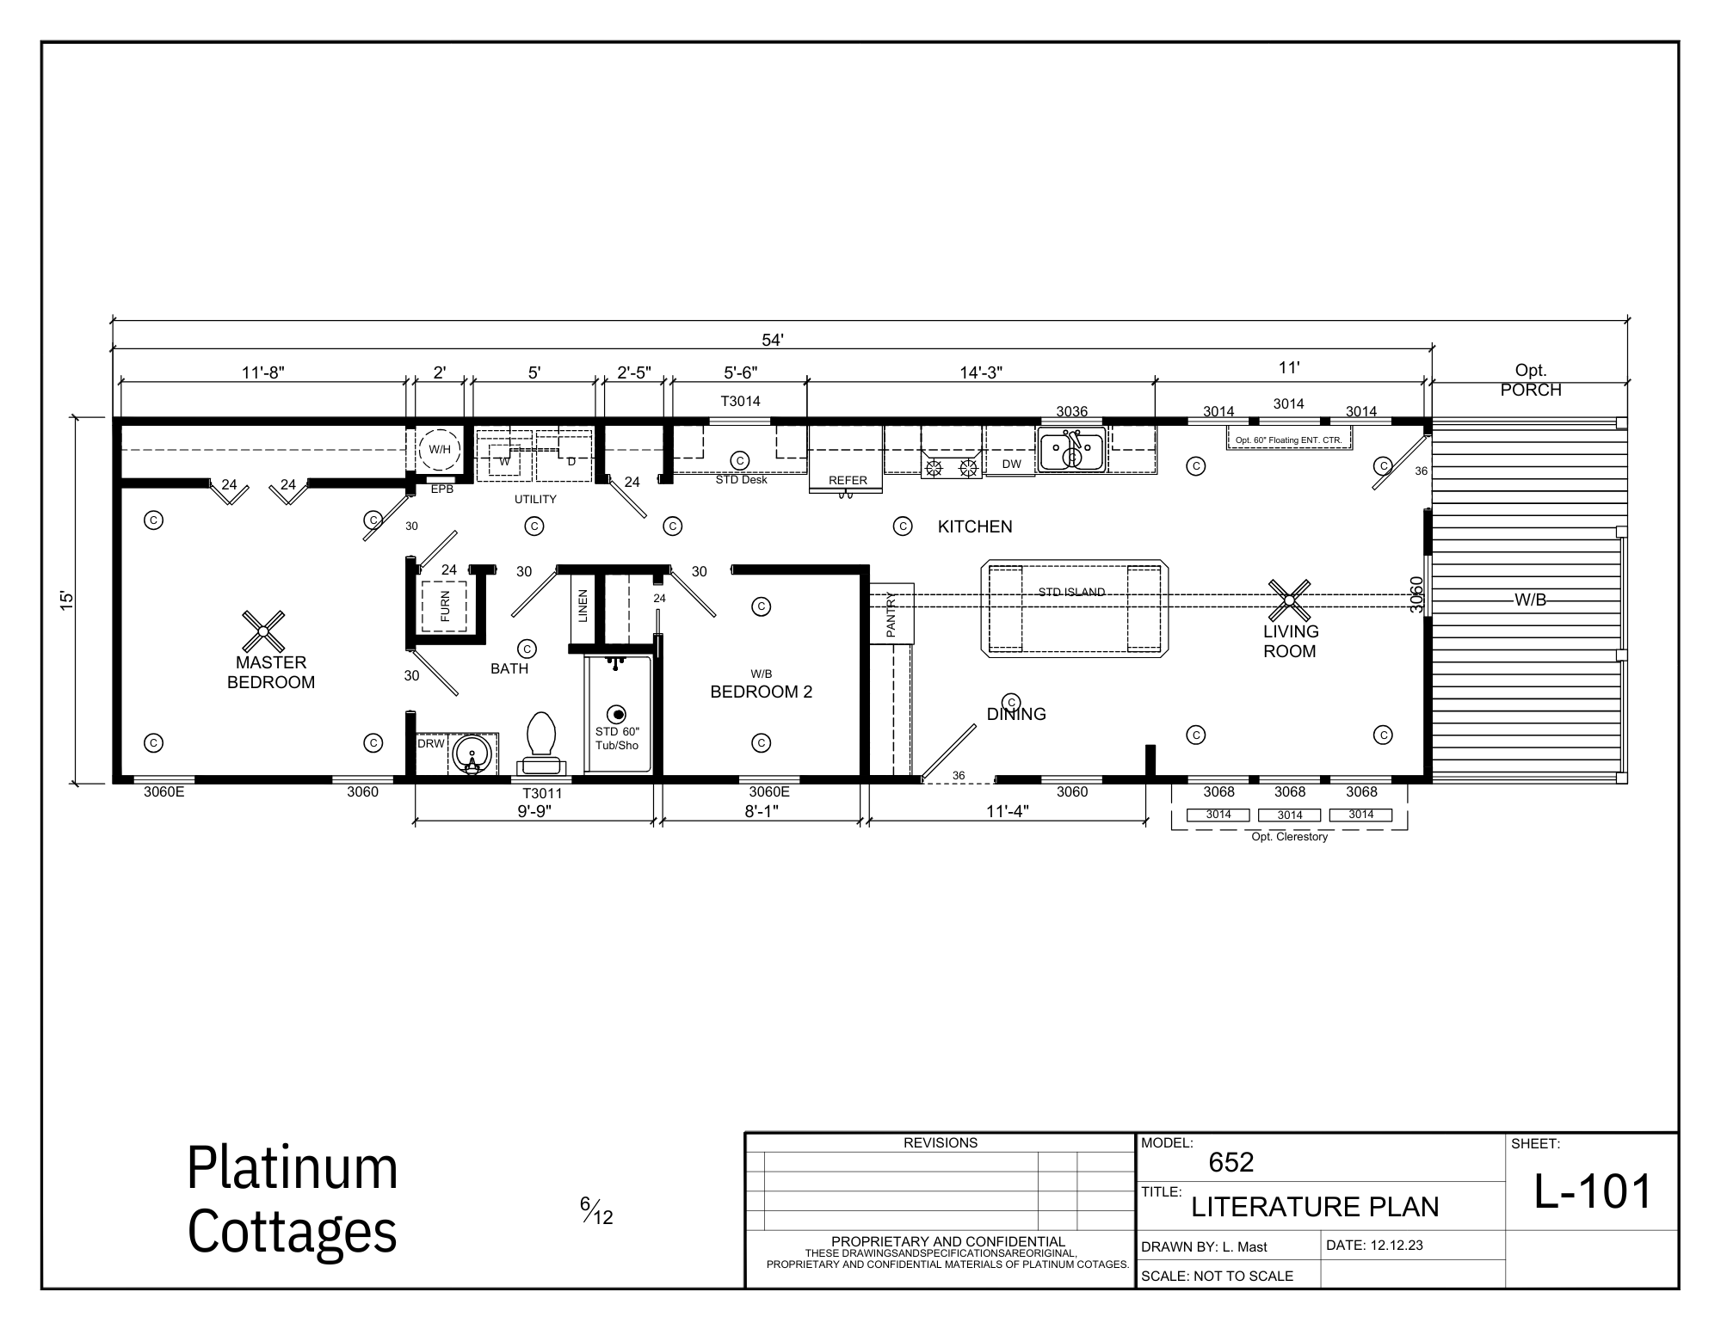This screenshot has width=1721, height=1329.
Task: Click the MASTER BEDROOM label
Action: [x=271, y=673]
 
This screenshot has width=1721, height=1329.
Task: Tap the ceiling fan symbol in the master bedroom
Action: [x=264, y=631]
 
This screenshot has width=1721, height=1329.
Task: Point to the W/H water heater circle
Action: [x=440, y=449]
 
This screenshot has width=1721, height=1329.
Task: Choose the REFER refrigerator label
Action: [x=848, y=480]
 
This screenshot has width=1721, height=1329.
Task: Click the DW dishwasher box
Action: [x=1011, y=464]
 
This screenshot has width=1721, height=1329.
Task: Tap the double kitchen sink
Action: [x=1071, y=450]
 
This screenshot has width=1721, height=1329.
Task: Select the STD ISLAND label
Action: [x=1071, y=592]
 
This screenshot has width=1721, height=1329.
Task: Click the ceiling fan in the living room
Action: [x=1290, y=600]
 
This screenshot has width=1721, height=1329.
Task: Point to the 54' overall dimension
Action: [x=772, y=340]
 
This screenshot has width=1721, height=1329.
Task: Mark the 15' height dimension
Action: [x=67, y=600]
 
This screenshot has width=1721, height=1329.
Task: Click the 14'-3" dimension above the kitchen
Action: [x=981, y=372]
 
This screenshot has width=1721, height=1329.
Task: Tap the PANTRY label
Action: [x=891, y=615]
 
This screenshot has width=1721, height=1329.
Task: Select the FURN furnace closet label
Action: [x=445, y=607]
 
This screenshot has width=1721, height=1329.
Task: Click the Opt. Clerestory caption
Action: [x=1289, y=837]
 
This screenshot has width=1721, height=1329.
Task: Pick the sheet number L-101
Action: [x=1594, y=1191]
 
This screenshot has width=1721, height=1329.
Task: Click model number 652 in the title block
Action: [x=1231, y=1163]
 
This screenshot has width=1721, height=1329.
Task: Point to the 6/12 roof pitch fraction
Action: [x=596, y=1211]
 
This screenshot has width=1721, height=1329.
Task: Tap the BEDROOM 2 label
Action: [x=761, y=692]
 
